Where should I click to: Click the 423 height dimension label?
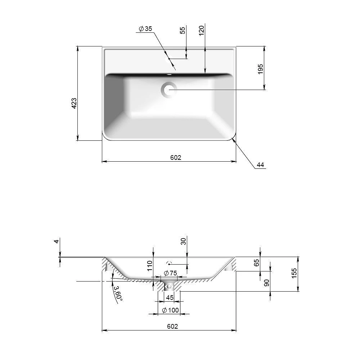[x=74, y=103]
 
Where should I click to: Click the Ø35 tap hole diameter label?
[x=145, y=29]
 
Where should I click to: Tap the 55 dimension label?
[x=182, y=31]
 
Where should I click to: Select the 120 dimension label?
[x=201, y=31]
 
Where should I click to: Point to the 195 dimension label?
[x=260, y=69]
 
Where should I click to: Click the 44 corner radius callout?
[x=260, y=165]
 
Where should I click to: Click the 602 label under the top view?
[x=176, y=158]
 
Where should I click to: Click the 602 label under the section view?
[x=172, y=326]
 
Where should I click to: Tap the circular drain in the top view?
[x=169, y=90]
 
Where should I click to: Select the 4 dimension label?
[x=57, y=241]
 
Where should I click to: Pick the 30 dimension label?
[x=183, y=241]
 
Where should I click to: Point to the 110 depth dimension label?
[x=150, y=266]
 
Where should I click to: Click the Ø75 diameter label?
[x=170, y=273]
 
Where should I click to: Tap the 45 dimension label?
[x=170, y=298]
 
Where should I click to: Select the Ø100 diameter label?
[x=170, y=310]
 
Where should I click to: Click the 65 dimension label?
[x=256, y=263]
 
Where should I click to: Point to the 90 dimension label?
[x=266, y=283]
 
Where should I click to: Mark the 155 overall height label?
[x=294, y=273]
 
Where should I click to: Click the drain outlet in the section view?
[x=169, y=285]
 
